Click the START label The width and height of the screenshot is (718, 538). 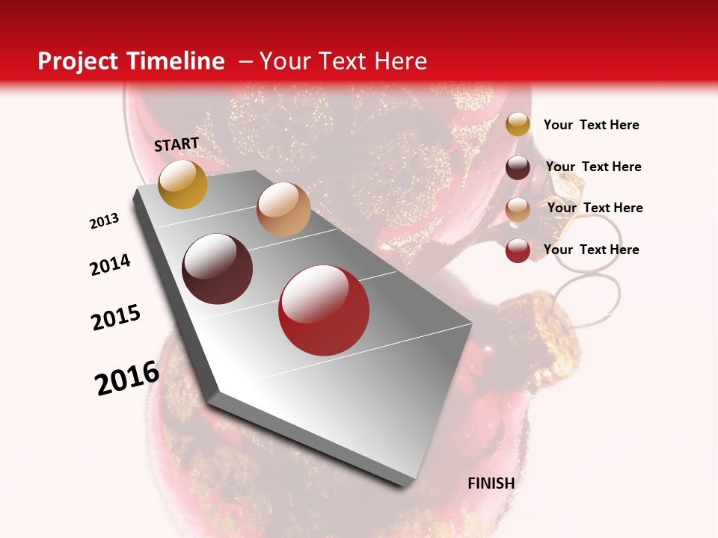[177, 144]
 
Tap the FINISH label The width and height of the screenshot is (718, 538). [491, 483]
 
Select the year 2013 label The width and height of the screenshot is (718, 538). [105, 221]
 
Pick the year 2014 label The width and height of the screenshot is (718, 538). [110, 265]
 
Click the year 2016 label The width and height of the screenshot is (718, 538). [127, 378]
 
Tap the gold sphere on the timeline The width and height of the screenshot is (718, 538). [182, 184]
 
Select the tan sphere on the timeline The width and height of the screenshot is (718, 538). [283, 209]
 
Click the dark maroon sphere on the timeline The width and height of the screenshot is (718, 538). [218, 269]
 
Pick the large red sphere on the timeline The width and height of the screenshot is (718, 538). [324, 310]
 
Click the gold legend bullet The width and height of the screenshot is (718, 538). [518, 125]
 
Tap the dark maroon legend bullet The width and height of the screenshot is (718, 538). [518, 167]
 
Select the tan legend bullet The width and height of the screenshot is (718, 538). [518, 208]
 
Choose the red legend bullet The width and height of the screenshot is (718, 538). [518, 250]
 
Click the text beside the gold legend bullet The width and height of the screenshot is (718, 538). [591, 125]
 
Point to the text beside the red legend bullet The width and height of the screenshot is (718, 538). [591, 250]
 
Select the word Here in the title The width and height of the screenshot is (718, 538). [400, 61]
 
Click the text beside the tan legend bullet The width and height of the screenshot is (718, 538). [595, 208]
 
